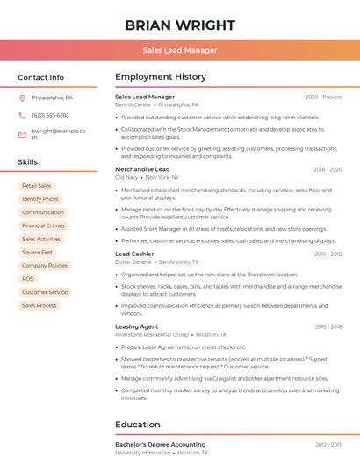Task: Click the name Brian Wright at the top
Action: point(180,25)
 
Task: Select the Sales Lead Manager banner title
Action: point(180,50)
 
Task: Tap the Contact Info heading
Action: point(41,77)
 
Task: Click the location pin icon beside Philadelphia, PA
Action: point(22,97)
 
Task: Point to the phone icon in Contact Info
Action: point(22,115)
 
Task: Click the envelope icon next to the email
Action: point(22,134)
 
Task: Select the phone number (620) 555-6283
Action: point(50,115)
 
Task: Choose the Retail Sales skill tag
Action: point(37,186)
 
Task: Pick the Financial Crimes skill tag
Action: point(43,225)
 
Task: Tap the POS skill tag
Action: point(28,279)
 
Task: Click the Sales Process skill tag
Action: point(40,305)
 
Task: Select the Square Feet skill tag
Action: point(38,252)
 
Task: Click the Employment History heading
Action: point(161,77)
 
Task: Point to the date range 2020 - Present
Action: point(323,97)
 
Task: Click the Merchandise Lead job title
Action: point(142,169)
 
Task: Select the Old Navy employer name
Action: point(126,177)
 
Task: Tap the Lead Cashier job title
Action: point(134,254)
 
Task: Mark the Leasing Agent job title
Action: point(136,326)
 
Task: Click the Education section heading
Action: point(138,425)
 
